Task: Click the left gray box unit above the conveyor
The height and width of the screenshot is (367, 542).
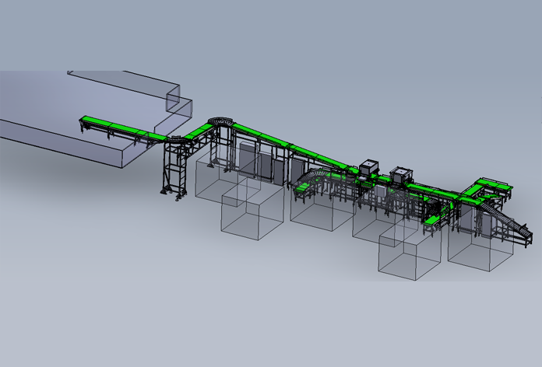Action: click(x=368, y=168)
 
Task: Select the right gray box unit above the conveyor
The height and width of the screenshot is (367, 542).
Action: click(x=403, y=173)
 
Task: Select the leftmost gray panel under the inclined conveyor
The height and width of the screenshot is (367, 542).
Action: click(x=248, y=159)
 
